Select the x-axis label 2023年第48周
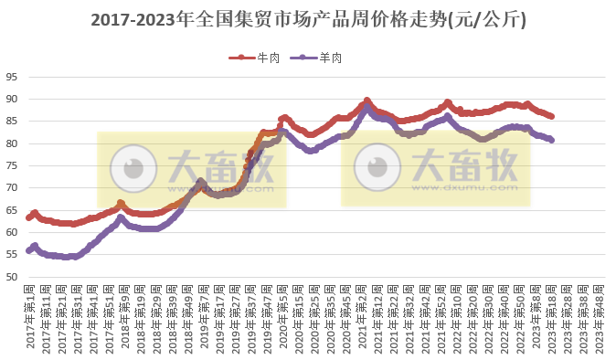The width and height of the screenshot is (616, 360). click(x=600, y=316)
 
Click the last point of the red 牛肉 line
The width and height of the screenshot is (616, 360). click(x=551, y=116)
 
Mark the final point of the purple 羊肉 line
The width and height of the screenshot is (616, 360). click(x=551, y=140)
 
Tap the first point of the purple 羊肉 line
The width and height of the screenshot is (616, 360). click(x=29, y=249)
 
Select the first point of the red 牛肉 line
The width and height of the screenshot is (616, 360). click(x=29, y=217)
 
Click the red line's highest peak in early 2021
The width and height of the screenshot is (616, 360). click(x=366, y=101)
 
